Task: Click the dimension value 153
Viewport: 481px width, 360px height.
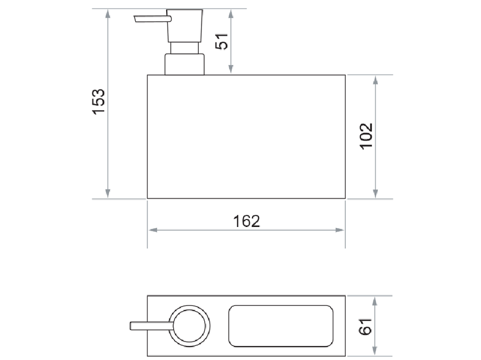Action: point(99,102)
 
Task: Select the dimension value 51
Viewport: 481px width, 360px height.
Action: point(221,42)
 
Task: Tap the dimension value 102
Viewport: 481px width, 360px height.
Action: point(366,136)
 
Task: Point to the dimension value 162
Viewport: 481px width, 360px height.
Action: point(246,221)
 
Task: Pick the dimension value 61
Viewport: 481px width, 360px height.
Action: point(365,326)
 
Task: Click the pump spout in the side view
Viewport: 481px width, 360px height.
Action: point(152,19)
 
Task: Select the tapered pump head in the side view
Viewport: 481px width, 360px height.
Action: point(185,26)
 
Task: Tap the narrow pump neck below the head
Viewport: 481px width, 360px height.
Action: point(184,48)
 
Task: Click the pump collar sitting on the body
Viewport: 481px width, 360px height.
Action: point(184,65)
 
